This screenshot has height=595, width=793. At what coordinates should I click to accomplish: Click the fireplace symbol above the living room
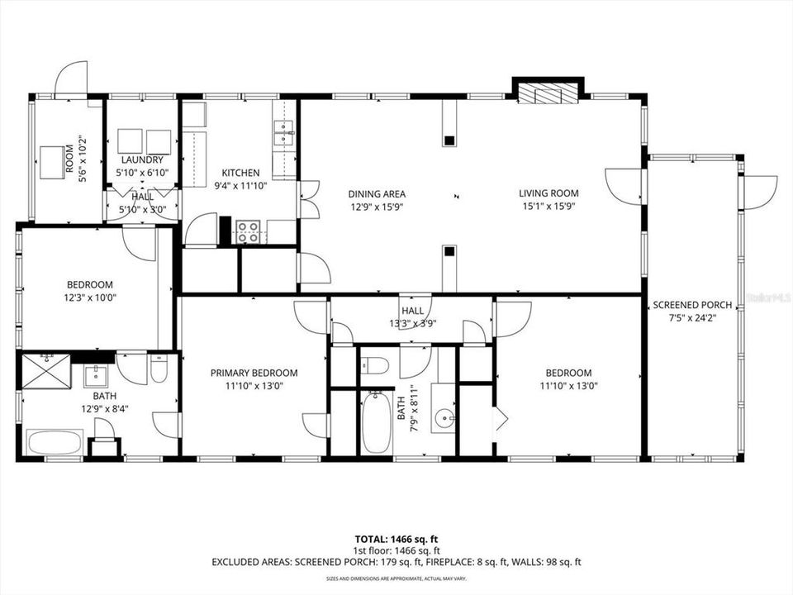[547, 94]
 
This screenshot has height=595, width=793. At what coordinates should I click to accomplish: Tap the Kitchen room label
[240, 173]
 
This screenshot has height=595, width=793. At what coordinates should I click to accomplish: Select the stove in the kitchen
[249, 232]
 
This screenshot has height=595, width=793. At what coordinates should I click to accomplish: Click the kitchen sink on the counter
[283, 131]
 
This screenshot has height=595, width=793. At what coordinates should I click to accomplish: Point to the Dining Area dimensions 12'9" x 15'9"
[376, 207]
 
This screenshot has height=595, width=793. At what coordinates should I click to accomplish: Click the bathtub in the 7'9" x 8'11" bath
[376, 422]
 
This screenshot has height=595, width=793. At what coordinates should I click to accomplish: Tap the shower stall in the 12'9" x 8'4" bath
[47, 369]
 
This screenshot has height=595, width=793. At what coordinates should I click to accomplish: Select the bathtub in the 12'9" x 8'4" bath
[55, 442]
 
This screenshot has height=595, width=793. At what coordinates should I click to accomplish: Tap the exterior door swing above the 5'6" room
[71, 79]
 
